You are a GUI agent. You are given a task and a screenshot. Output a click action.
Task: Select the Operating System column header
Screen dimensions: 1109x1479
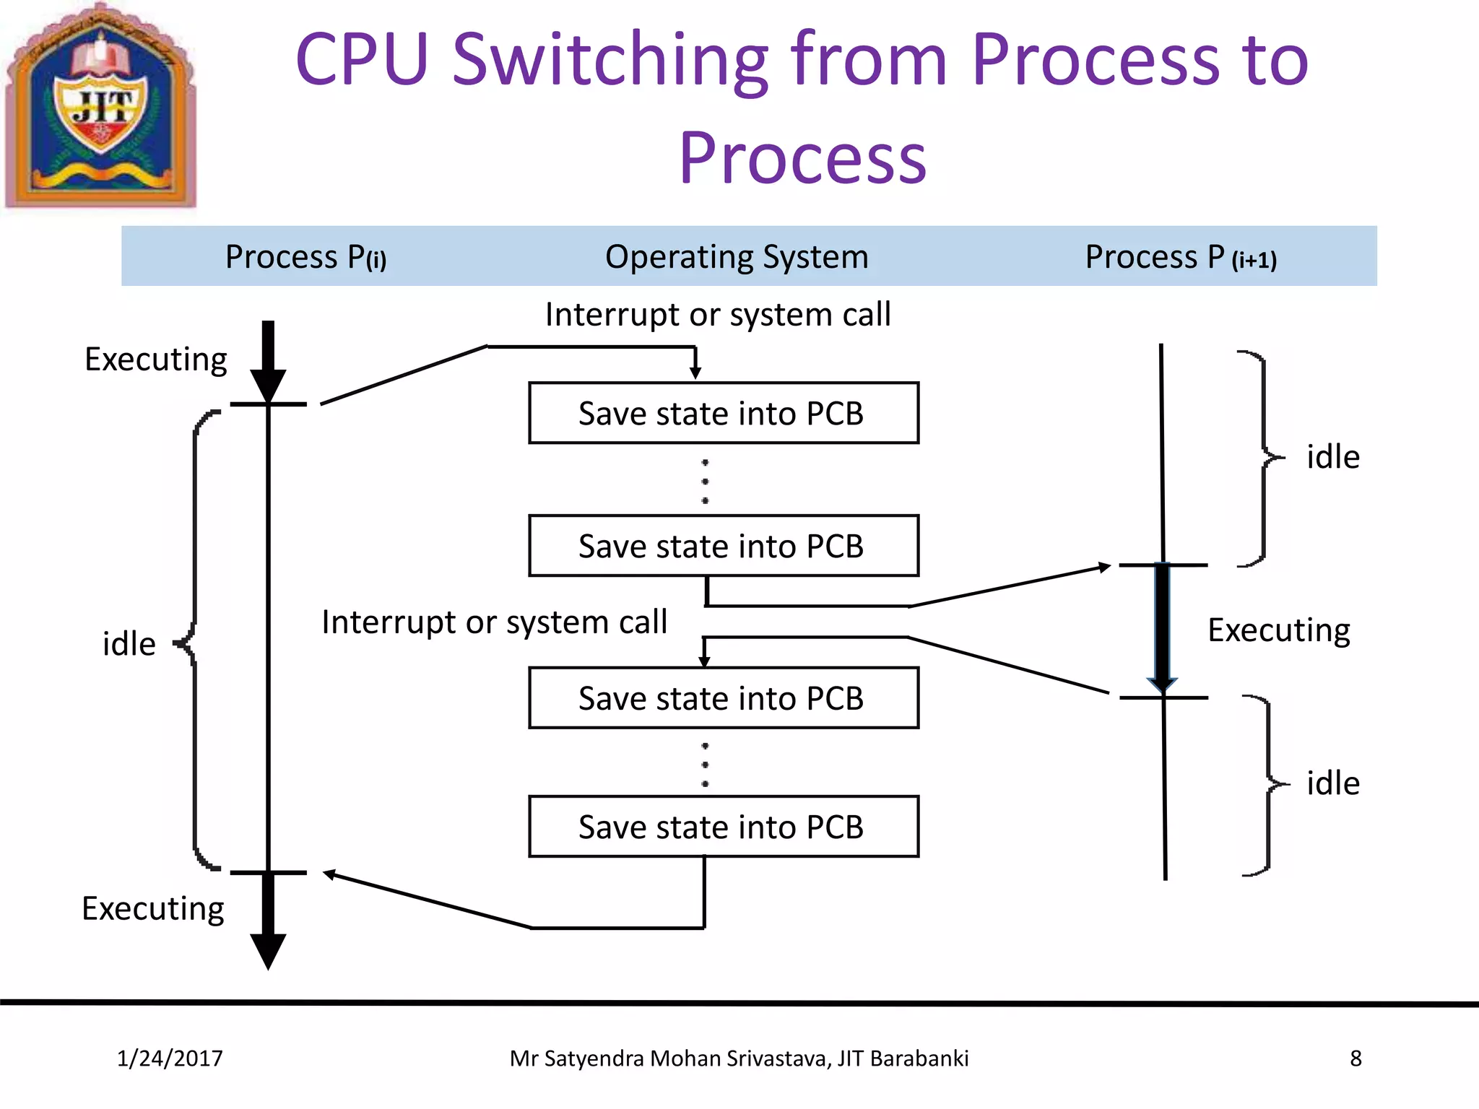[x=736, y=257]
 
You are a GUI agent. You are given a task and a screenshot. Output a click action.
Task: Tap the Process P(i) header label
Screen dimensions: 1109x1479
[x=305, y=257]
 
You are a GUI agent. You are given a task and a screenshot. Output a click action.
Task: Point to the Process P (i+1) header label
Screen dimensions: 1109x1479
[x=1180, y=257]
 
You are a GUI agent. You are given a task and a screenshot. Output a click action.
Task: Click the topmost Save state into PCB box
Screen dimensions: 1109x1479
[x=723, y=413]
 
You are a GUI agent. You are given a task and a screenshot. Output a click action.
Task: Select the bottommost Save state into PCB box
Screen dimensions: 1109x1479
[x=723, y=827]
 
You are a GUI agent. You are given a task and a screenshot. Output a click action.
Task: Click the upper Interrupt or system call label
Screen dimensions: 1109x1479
[x=717, y=315]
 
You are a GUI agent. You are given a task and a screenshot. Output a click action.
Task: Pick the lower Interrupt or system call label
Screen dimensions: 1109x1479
[x=494, y=622]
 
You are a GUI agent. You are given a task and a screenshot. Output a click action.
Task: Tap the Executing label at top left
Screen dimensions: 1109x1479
[x=155, y=360]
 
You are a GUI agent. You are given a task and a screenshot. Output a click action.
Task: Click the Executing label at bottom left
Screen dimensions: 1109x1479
[x=152, y=908]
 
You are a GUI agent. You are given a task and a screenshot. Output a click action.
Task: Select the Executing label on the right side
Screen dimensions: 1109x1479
[x=1278, y=630]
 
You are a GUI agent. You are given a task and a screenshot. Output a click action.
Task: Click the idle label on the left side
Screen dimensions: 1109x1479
[x=129, y=644]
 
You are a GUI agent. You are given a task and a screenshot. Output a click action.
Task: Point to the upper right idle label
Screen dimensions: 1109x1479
[x=1332, y=457]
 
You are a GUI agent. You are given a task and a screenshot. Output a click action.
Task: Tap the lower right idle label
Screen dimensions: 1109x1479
[x=1332, y=783]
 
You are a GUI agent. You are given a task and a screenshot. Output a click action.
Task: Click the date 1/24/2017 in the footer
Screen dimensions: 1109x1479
[x=170, y=1058]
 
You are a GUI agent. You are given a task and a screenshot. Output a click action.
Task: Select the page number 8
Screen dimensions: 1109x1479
[x=1356, y=1058]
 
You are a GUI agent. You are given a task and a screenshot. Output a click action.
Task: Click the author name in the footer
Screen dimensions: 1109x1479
[x=738, y=1058]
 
